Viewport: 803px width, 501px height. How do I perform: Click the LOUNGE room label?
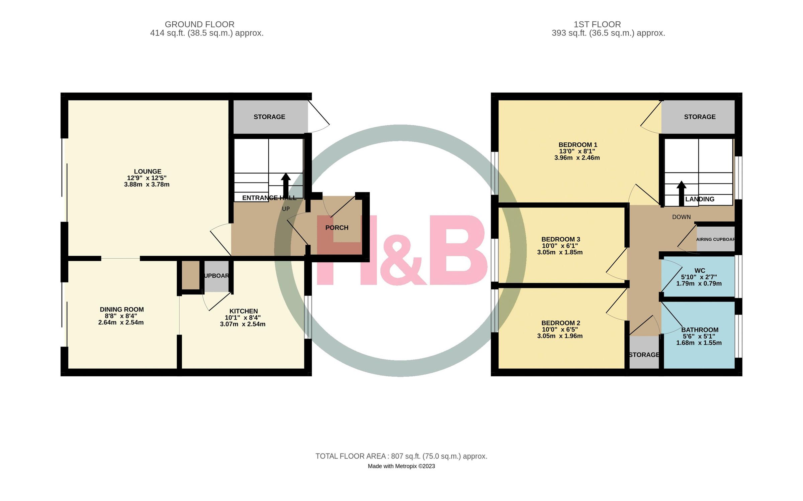pos(148,171)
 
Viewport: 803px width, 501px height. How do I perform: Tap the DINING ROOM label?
pos(122,309)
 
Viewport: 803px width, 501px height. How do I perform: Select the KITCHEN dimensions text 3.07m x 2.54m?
pos(243,324)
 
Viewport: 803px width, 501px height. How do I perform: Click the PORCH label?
pos(337,228)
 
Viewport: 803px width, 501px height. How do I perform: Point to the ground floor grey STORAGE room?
pos(269,117)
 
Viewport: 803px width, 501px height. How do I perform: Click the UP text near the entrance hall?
pos(286,209)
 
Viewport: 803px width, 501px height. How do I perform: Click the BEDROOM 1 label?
pos(577,145)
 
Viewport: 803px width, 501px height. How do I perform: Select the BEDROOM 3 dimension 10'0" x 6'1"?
pos(560,246)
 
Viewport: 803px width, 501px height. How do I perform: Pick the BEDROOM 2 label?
pos(560,323)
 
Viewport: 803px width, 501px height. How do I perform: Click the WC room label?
pos(700,270)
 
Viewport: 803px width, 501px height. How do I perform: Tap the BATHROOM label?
pos(700,330)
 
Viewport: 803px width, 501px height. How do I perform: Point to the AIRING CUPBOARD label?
pos(715,239)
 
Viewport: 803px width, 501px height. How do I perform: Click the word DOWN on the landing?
pos(681,217)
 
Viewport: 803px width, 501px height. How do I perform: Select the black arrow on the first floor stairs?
pos(681,192)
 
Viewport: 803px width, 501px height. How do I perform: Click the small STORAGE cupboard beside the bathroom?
pos(644,355)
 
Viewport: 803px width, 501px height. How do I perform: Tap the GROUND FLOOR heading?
pos(199,24)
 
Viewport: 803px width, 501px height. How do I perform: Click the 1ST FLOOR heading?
pos(597,24)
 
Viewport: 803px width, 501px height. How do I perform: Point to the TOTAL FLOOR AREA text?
pos(401,456)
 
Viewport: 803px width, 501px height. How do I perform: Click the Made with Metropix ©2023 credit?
pos(401,466)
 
